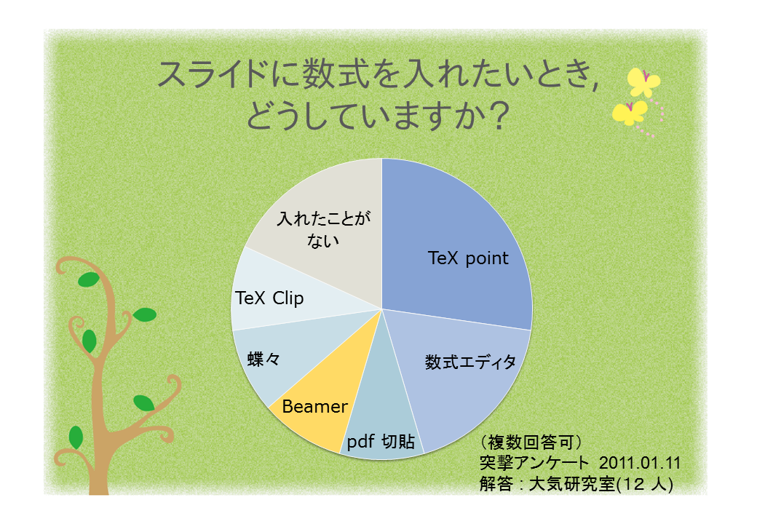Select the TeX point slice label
(468, 258)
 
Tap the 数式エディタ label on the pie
(470, 362)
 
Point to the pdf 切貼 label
(381, 441)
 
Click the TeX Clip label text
(269, 298)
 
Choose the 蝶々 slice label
(263, 359)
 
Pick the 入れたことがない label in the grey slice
(323, 229)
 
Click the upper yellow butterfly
(643, 82)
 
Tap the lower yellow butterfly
(630, 113)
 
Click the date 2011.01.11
(640, 463)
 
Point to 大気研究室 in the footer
(572, 484)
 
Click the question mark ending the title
(496, 116)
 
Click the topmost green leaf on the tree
(89, 279)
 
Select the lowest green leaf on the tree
(76, 437)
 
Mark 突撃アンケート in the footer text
(534, 463)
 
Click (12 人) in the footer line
(644, 484)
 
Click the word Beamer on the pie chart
(314, 407)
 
